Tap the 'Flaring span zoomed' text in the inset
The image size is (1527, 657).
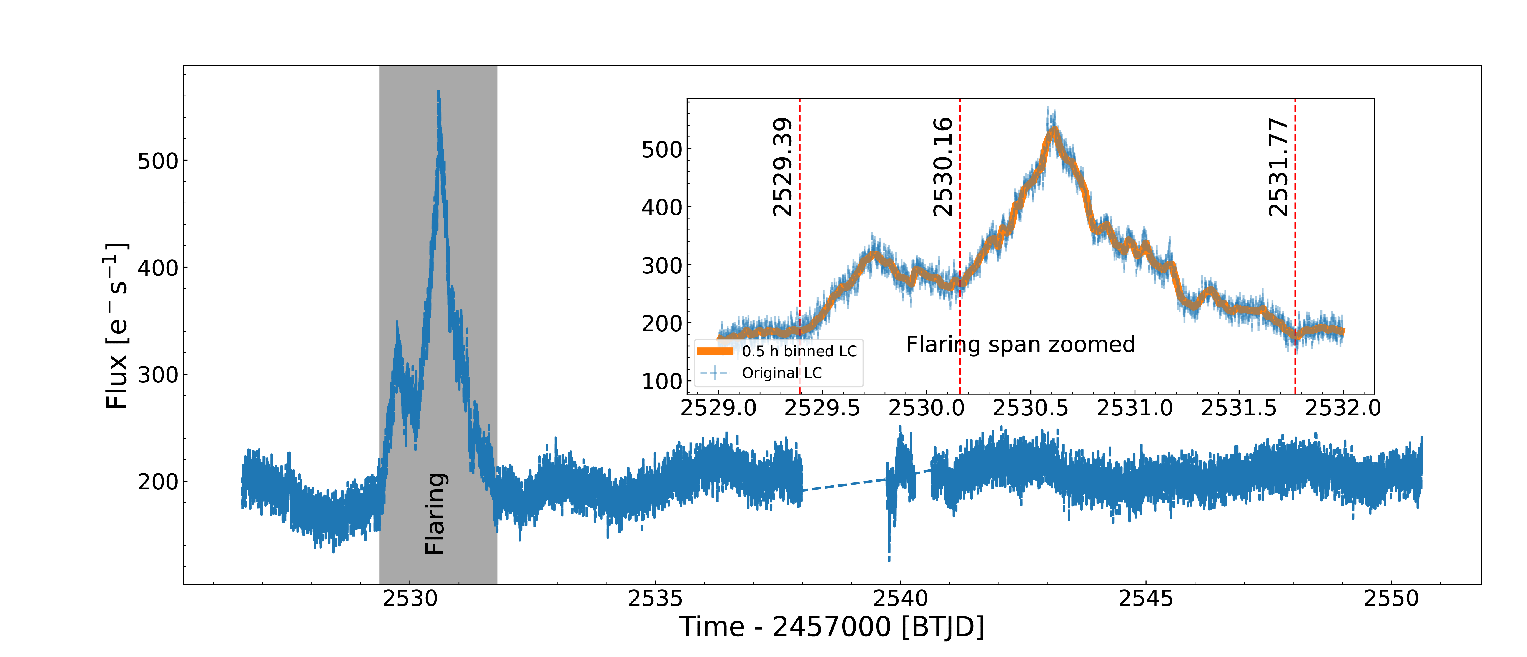tap(1020, 344)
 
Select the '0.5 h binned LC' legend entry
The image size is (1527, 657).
tap(799, 351)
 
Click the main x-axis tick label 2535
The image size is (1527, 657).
tap(655, 599)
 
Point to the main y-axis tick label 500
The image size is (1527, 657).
tap(158, 161)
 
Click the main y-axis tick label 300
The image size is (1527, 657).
tap(158, 375)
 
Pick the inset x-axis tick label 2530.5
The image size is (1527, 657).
tap(1030, 408)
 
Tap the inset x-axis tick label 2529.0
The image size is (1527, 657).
tap(718, 408)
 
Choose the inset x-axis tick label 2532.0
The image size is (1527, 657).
tap(1343, 408)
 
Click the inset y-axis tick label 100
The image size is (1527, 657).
tap(662, 382)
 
